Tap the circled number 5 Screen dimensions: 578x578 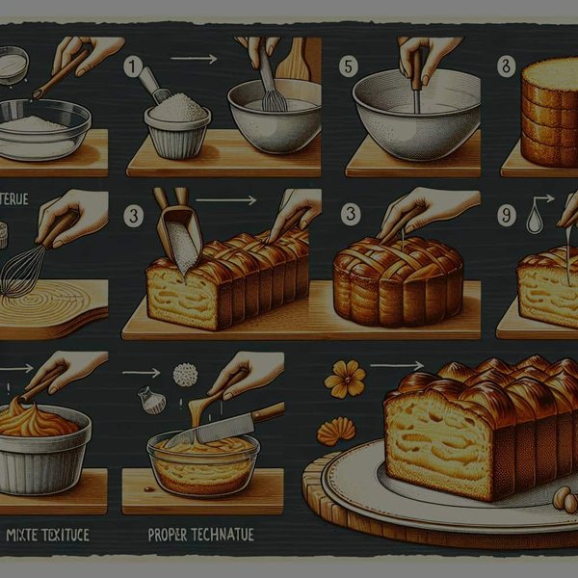pos(349,66)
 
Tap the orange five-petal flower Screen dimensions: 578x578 pos(345,380)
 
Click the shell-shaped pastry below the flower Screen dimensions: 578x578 pos(336,431)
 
